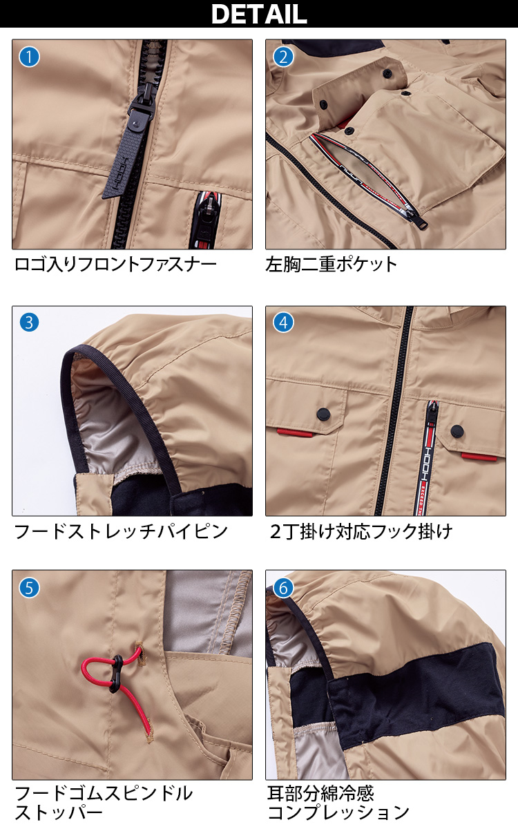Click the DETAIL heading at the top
[259, 14]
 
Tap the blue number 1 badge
[29, 57]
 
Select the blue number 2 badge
[283, 57]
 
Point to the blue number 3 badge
[29, 323]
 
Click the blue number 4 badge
[283, 323]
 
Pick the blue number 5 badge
[29, 588]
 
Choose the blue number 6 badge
[283, 588]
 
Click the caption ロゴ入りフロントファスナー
[115, 265]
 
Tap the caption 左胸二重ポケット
[331, 265]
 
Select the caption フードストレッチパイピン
[121, 531]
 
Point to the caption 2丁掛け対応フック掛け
[361, 531]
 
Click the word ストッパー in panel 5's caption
[59, 813]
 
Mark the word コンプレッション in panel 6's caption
[338, 813]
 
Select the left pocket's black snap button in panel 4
[323, 413]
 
